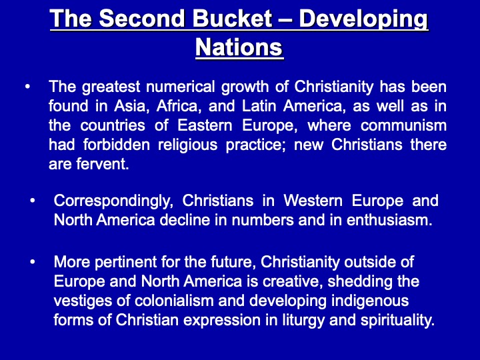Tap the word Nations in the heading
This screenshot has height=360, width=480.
click(x=239, y=47)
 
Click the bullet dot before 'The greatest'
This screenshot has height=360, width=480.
click(x=27, y=87)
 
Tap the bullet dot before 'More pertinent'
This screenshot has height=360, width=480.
click(x=32, y=262)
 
